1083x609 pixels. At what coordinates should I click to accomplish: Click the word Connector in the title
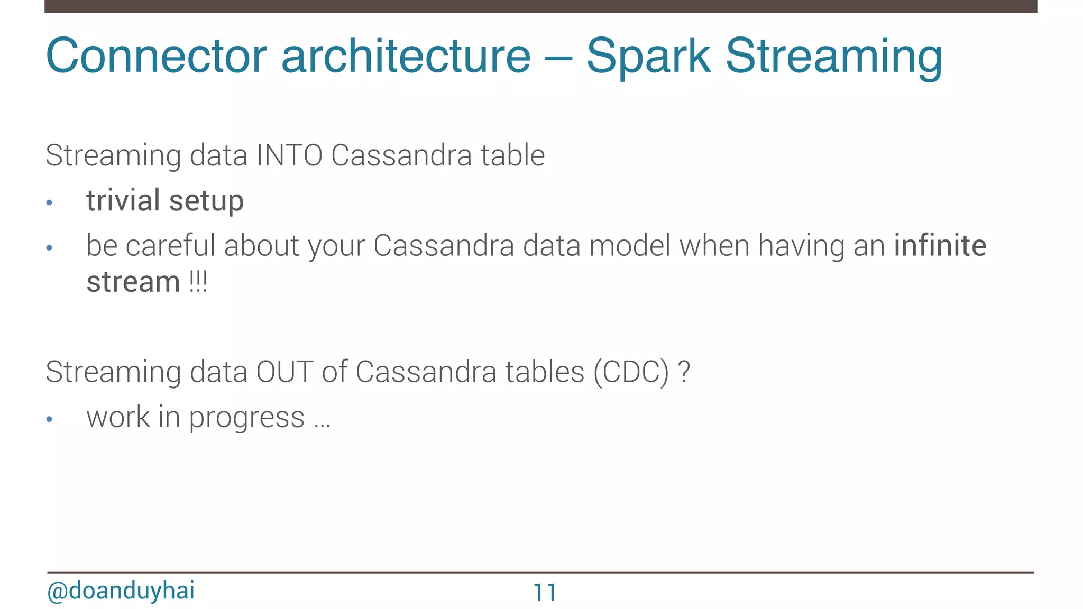157,56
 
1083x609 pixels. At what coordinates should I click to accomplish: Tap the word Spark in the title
648,56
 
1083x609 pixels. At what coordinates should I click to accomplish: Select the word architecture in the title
406,56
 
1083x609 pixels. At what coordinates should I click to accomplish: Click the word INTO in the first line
289,155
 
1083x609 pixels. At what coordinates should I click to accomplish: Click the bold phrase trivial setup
165,201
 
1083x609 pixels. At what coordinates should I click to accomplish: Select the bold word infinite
940,246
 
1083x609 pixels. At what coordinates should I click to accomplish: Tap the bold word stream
133,282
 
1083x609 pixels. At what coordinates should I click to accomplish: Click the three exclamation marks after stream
198,282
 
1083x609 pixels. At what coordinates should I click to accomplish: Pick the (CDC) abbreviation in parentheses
631,372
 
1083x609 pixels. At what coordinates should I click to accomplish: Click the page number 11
545,593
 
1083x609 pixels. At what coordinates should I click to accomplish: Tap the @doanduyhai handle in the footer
121,590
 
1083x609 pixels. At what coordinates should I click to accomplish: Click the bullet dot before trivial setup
50,203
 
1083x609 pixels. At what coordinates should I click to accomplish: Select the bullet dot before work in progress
50,420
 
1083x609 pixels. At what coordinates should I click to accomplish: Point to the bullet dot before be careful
50,248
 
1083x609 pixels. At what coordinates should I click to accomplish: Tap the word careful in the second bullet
171,246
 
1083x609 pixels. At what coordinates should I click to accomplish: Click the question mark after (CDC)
684,372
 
